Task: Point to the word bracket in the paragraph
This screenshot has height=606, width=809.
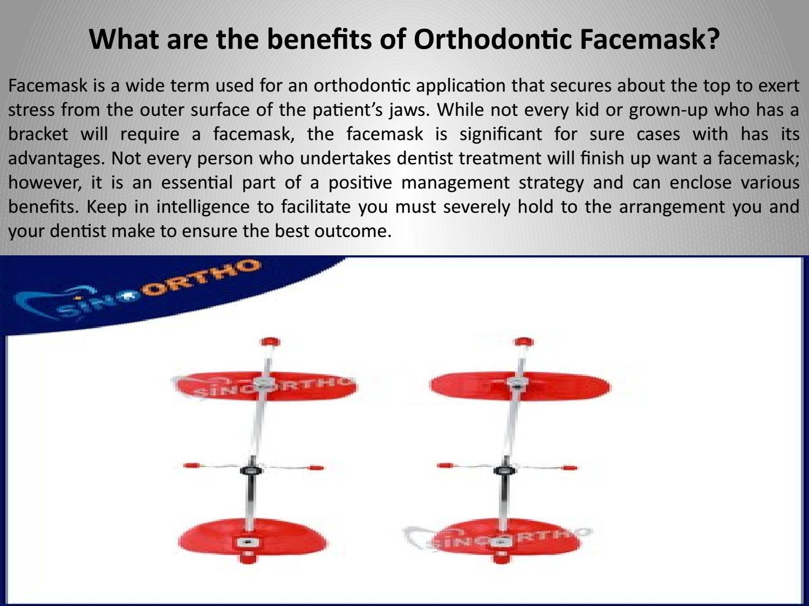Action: (x=38, y=134)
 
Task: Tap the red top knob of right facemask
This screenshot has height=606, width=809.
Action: (x=523, y=342)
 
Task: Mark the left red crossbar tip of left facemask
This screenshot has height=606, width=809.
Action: (x=189, y=465)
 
